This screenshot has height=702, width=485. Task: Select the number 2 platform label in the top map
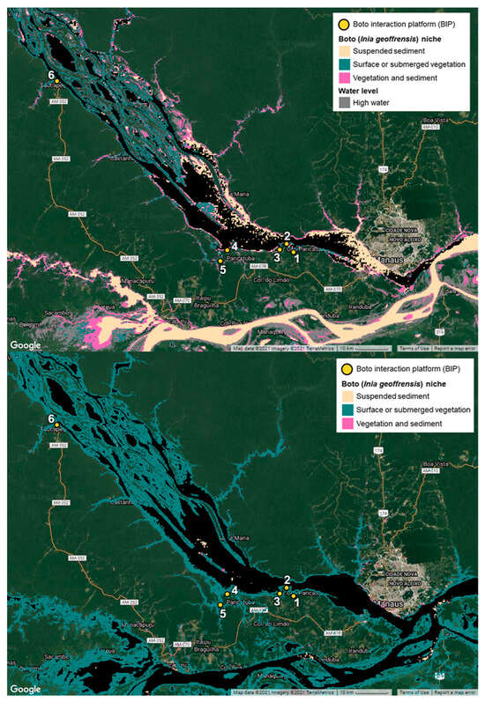287,235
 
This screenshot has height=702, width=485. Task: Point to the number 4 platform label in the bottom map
235,589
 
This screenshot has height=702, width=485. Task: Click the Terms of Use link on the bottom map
414,694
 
